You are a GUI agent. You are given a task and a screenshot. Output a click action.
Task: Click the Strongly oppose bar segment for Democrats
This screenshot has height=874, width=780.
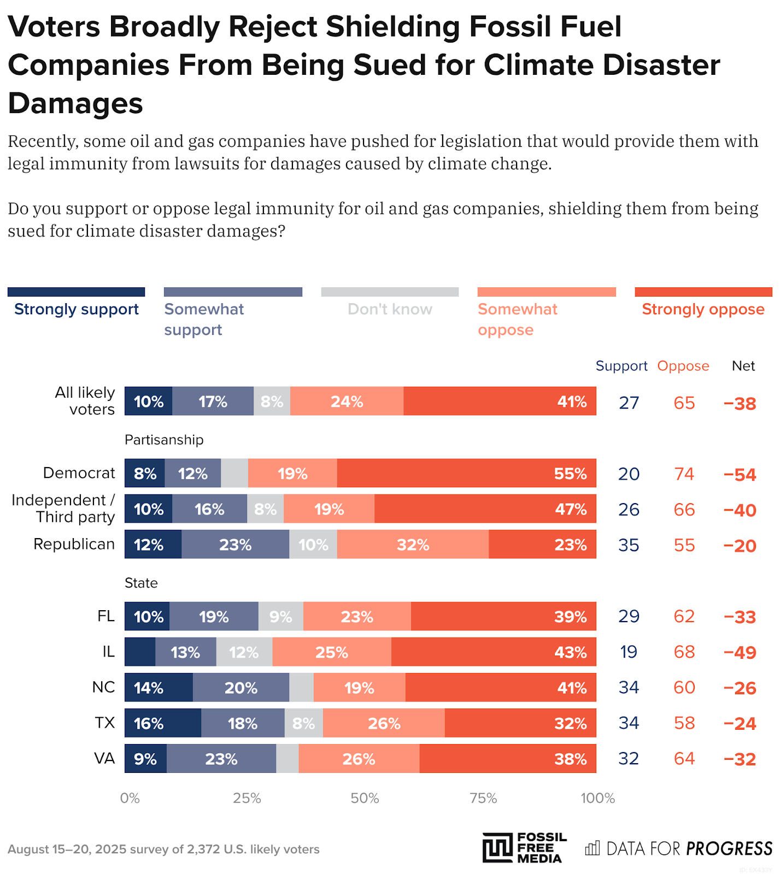[x=466, y=473]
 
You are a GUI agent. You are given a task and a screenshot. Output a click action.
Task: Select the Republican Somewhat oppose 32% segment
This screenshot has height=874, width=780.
[x=413, y=545]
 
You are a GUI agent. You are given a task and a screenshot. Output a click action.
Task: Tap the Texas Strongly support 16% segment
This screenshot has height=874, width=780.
[x=162, y=723]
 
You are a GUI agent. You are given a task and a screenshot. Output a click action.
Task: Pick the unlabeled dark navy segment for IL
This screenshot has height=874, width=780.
[x=140, y=652]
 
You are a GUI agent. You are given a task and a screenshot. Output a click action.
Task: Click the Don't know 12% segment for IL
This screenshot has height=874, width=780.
[x=244, y=652]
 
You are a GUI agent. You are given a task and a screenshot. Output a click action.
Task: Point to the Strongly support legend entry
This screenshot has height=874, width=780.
[x=77, y=309]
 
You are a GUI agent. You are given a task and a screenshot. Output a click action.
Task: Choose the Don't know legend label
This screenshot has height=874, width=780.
[x=390, y=309]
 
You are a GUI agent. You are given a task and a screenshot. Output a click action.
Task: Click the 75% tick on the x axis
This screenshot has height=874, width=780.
[x=483, y=798]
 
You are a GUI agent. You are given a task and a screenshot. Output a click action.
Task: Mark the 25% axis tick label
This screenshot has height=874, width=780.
[x=247, y=798]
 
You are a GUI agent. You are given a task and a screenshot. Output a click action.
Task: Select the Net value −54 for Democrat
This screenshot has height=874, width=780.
[x=740, y=474]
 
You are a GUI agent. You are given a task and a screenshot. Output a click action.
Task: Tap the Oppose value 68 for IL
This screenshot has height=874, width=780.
[x=684, y=652]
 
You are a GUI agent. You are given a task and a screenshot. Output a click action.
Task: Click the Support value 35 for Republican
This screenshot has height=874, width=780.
[x=629, y=545]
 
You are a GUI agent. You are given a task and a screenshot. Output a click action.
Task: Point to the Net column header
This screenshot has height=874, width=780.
[x=743, y=366]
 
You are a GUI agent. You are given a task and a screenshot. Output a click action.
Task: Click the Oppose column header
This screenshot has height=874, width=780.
[x=683, y=366]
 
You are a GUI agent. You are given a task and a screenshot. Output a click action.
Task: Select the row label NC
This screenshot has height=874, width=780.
[x=103, y=687]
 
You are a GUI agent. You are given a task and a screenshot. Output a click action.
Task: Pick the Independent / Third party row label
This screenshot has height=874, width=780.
[x=63, y=509]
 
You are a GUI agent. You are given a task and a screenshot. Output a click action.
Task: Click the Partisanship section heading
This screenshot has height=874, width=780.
[x=164, y=440]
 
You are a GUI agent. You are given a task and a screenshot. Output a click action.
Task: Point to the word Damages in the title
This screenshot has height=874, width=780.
[x=75, y=103]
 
